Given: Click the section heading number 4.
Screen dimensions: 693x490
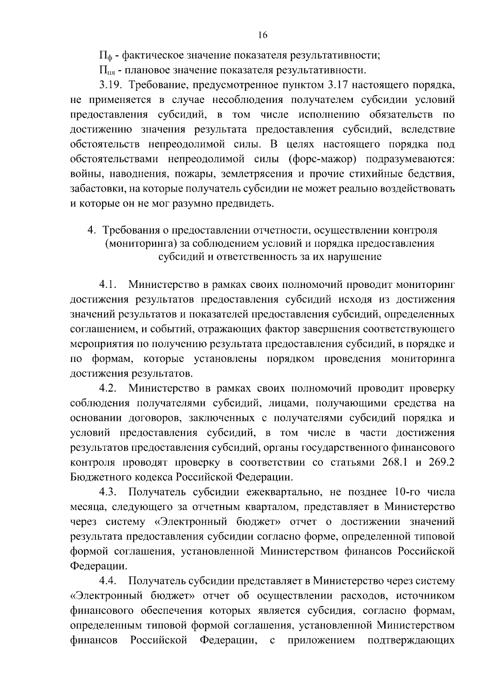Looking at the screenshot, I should (x=92, y=230).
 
